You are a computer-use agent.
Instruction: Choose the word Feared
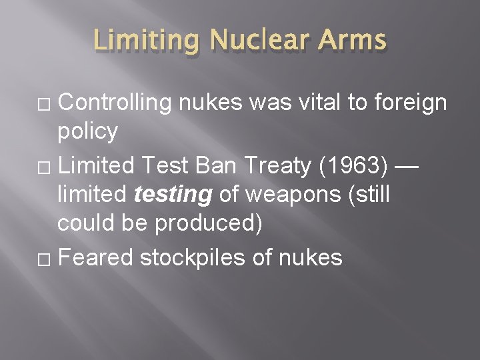tap(96, 257)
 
